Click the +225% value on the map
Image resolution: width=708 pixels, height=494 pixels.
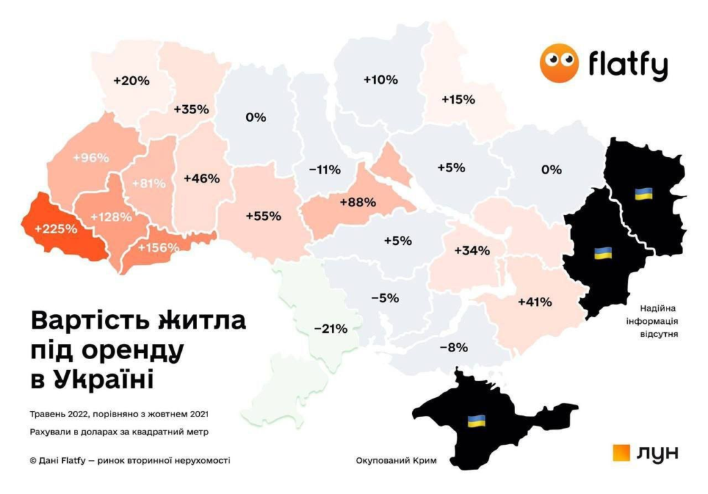pyautogui.click(x=56, y=228)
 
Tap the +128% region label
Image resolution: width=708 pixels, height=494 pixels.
pyautogui.click(x=110, y=217)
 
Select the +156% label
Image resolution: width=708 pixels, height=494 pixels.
pyautogui.click(x=158, y=248)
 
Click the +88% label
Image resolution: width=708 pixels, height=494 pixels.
pyautogui.click(x=357, y=202)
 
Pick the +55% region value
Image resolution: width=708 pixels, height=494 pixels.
pyautogui.click(x=263, y=216)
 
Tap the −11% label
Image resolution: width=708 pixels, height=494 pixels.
pyautogui.click(x=324, y=170)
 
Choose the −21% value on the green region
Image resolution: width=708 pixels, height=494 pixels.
pyautogui.click(x=330, y=329)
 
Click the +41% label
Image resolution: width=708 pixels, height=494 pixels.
pyautogui.click(x=534, y=302)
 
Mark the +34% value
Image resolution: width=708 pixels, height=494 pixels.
pyautogui.click(x=472, y=250)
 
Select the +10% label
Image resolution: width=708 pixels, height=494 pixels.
pyautogui.click(x=380, y=80)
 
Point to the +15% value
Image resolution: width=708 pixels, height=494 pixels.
pyautogui.click(x=458, y=100)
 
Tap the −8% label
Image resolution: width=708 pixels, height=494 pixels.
pyautogui.click(x=458, y=347)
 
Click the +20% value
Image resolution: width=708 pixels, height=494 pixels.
pyautogui.click(x=131, y=80)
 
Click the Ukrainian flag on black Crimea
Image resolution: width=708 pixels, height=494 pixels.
pyautogui.click(x=476, y=420)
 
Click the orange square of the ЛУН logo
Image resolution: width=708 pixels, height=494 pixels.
pyautogui.click(x=622, y=452)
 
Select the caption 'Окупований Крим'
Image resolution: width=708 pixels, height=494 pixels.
pyautogui.click(x=396, y=461)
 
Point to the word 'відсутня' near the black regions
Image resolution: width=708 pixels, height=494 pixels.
pyautogui.click(x=658, y=334)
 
